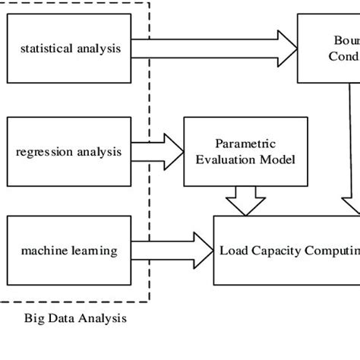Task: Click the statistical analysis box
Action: pos(69,49)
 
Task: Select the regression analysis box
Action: pos(69,151)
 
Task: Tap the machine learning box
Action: pos(69,250)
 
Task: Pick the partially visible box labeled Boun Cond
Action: pos(328,49)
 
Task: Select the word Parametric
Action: pos(232,144)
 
